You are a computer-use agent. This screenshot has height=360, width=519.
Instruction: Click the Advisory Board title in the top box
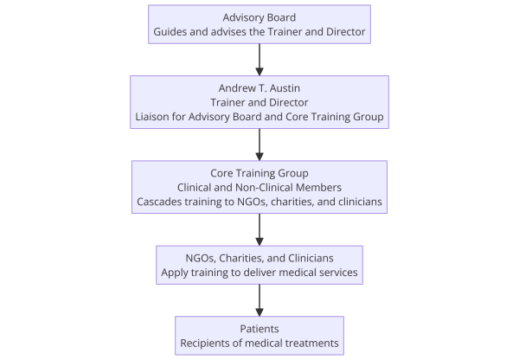click(259, 17)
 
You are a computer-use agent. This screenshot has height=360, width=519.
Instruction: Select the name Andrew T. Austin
click(259, 88)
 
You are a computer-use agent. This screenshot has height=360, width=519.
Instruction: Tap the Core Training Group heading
click(259, 173)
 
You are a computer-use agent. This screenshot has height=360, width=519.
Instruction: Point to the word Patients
click(259, 329)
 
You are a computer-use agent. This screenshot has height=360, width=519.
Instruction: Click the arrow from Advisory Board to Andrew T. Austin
click(259, 60)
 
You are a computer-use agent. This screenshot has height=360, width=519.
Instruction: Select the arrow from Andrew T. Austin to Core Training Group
click(259, 145)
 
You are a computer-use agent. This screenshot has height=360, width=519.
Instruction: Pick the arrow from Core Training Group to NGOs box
click(259, 230)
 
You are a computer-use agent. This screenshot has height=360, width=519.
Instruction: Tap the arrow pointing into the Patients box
click(259, 300)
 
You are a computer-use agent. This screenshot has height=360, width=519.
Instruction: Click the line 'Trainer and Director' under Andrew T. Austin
click(259, 102)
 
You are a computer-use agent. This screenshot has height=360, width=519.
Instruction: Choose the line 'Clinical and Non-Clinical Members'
click(259, 188)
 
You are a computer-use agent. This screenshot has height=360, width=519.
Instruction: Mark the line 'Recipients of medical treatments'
click(259, 343)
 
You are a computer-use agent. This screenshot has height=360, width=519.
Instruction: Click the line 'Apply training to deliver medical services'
click(259, 273)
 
